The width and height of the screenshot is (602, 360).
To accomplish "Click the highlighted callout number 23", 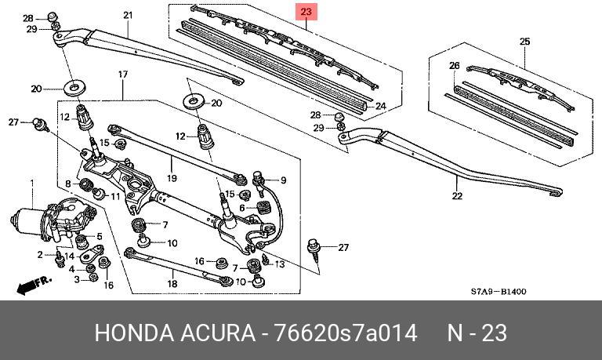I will tap(306, 12).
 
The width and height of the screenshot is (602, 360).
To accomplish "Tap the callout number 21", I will tap(128, 16).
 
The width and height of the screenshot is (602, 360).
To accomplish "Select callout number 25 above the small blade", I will tap(525, 42).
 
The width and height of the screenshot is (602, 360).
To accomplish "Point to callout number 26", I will tap(454, 66).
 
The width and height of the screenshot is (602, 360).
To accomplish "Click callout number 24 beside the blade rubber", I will tap(381, 106).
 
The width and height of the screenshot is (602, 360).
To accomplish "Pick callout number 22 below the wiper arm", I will tap(458, 196).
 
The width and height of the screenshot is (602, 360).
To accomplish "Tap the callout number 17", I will tap(123, 74).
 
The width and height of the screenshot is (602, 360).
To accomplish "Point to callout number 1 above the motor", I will tap(32, 184).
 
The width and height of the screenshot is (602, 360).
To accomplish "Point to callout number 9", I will tap(283, 180).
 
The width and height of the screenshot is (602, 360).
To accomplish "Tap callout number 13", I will tap(280, 264).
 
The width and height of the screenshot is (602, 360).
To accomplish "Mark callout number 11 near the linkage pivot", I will tap(115, 196).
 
